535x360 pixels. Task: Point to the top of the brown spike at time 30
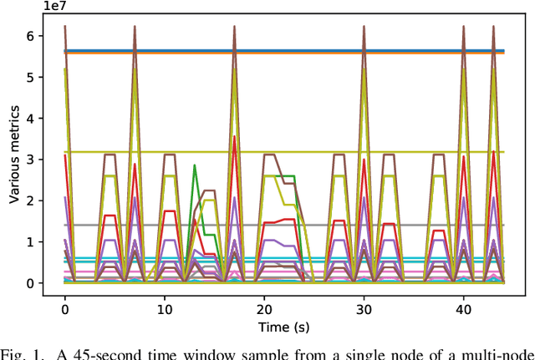click(364, 26)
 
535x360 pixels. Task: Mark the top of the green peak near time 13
click(194, 165)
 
